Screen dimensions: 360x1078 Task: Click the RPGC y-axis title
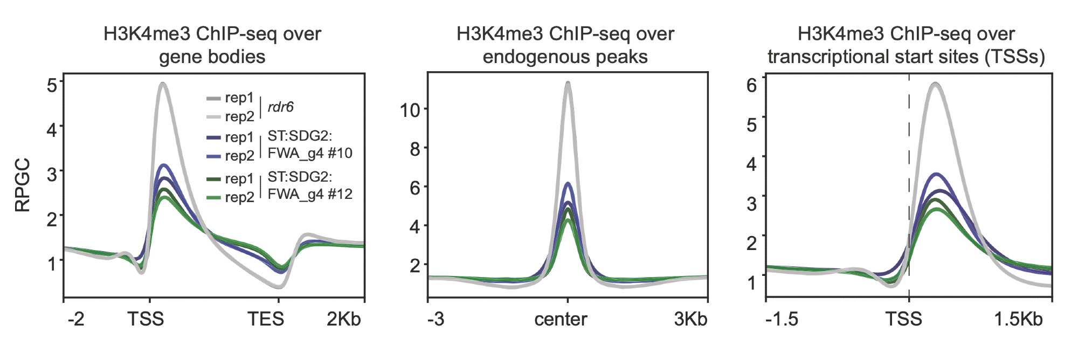tap(23, 185)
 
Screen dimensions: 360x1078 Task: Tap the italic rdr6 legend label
tap(280, 107)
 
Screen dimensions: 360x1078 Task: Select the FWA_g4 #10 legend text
tap(310, 154)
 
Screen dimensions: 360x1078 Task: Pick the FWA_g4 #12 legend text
tap(310, 194)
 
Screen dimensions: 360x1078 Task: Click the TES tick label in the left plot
tap(266, 319)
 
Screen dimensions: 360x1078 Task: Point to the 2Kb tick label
tap(343, 319)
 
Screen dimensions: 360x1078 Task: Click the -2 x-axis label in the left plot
tap(76, 319)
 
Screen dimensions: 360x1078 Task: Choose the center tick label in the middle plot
tap(561, 319)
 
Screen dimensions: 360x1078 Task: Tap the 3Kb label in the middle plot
tap(690, 319)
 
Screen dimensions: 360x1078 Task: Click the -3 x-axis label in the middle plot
tap(436, 319)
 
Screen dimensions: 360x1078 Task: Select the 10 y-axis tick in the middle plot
tap(410, 110)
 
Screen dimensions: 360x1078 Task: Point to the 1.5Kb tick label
tap(1018, 319)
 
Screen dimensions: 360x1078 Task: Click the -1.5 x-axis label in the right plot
tap(782, 319)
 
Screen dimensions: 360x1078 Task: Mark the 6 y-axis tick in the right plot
tap(751, 85)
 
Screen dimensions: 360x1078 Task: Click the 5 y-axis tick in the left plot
tap(52, 85)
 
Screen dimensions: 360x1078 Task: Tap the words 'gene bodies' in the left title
tap(212, 57)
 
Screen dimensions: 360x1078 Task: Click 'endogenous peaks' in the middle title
tap(565, 57)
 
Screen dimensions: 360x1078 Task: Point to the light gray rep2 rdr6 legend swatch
tap(213, 117)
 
